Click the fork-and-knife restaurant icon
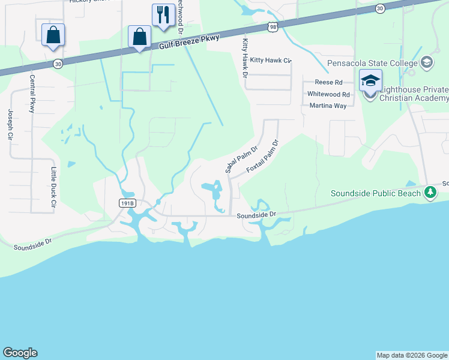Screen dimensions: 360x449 [x=163, y=14]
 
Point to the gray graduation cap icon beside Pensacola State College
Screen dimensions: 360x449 [x=427, y=62]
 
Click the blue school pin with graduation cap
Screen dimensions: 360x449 [x=370, y=80]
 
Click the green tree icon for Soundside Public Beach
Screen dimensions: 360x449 [x=430, y=193]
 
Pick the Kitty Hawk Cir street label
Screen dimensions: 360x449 [x=270, y=61]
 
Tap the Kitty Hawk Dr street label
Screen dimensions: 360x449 [x=245, y=59]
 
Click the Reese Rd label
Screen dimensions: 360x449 [x=329, y=82]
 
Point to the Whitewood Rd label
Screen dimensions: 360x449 [x=328, y=94]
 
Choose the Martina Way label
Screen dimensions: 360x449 [x=328, y=106]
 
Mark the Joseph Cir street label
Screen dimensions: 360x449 [x=10, y=124]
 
